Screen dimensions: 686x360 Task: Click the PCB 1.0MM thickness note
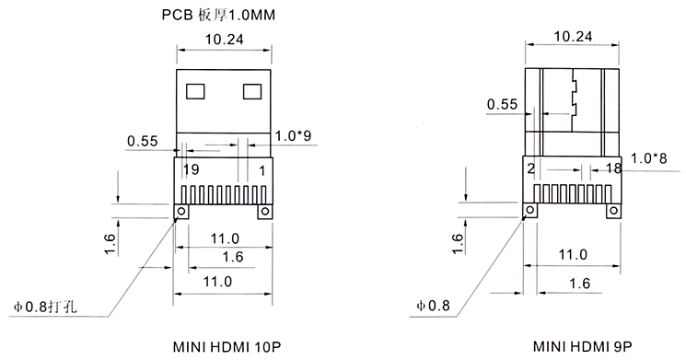[x=218, y=15]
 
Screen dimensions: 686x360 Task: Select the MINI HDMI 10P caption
[x=227, y=347]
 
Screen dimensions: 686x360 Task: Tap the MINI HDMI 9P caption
[x=582, y=346]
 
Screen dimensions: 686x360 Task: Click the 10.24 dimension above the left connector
[x=225, y=40]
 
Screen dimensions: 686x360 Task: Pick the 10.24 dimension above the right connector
[x=573, y=36]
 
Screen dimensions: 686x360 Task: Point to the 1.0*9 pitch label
[x=293, y=135]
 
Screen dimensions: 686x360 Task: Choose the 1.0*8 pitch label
[x=649, y=158]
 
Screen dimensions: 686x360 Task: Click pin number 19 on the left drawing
[x=192, y=169]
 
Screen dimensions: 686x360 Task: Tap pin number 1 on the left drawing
[x=262, y=170]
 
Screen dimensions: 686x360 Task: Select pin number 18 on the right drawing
[x=613, y=168]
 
